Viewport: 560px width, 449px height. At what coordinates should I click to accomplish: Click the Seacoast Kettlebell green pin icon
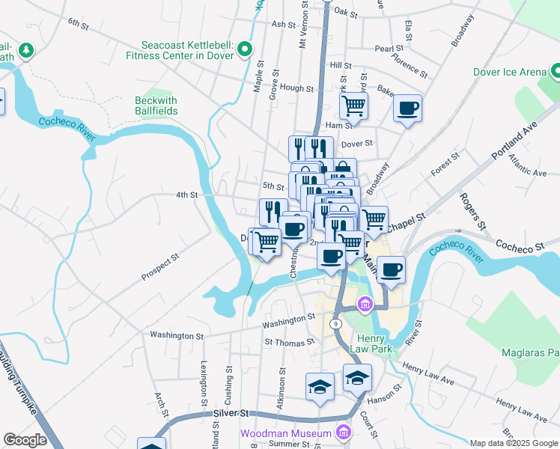coord(244,50)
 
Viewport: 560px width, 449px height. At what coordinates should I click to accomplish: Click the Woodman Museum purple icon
coord(344,433)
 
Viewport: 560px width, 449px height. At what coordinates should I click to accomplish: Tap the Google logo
coord(25,440)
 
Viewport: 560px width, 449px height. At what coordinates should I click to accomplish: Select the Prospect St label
coord(160,267)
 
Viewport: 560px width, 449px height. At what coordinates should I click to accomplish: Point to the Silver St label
coord(231,412)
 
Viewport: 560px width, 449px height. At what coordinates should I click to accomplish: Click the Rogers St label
coord(473,212)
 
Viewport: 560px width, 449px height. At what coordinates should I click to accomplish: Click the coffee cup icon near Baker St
coord(407,109)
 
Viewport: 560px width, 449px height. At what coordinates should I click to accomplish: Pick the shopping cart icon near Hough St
coord(353,106)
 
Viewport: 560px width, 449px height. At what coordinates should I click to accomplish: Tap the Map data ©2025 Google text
coord(514,443)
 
